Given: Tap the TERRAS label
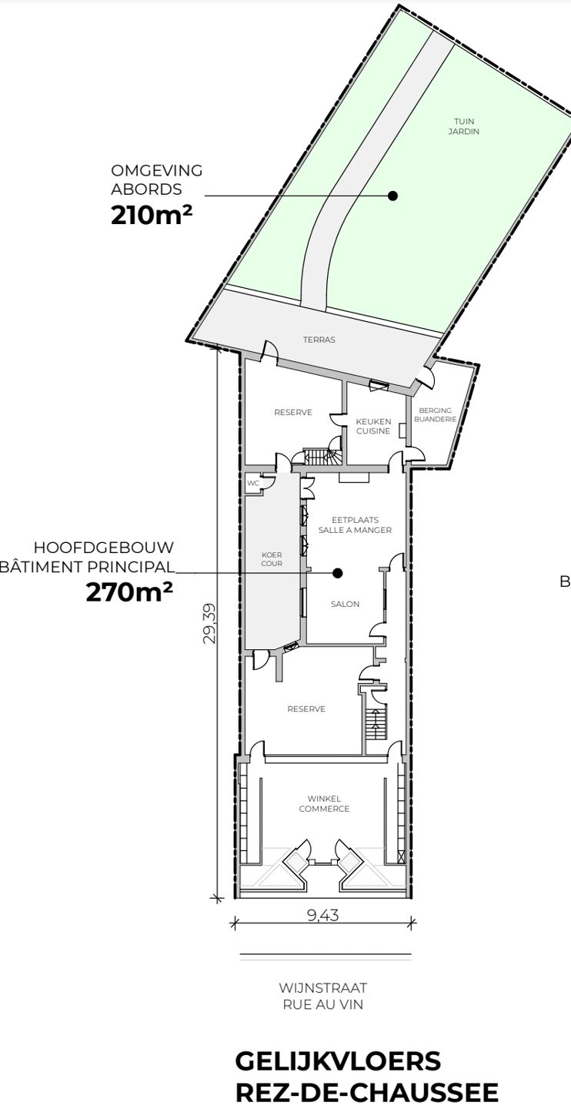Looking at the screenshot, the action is [x=319, y=340].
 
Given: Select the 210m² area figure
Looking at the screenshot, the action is [x=152, y=216].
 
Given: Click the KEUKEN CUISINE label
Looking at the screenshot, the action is [x=373, y=427].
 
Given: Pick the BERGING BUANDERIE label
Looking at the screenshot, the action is [x=435, y=415].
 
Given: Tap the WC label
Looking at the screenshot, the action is [x=253, y=483].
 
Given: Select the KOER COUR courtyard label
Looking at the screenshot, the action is [x=272, y=559].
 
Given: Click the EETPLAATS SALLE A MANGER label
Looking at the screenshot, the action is [x=355, y=524].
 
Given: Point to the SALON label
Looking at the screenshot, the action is [x=345, y=604].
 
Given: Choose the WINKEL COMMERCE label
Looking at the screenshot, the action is [x=324, y=803].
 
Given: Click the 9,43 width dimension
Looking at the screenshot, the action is [x=323, y=916].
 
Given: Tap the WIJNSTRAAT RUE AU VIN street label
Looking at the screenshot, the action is [x=323, y=996].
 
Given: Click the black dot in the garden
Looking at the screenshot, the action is [x=393, y=196].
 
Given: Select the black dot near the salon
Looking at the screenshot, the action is [x=338, y=573].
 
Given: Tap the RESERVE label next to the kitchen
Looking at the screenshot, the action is [x=293, y=412].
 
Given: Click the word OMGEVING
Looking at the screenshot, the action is [x=157, y=170].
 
